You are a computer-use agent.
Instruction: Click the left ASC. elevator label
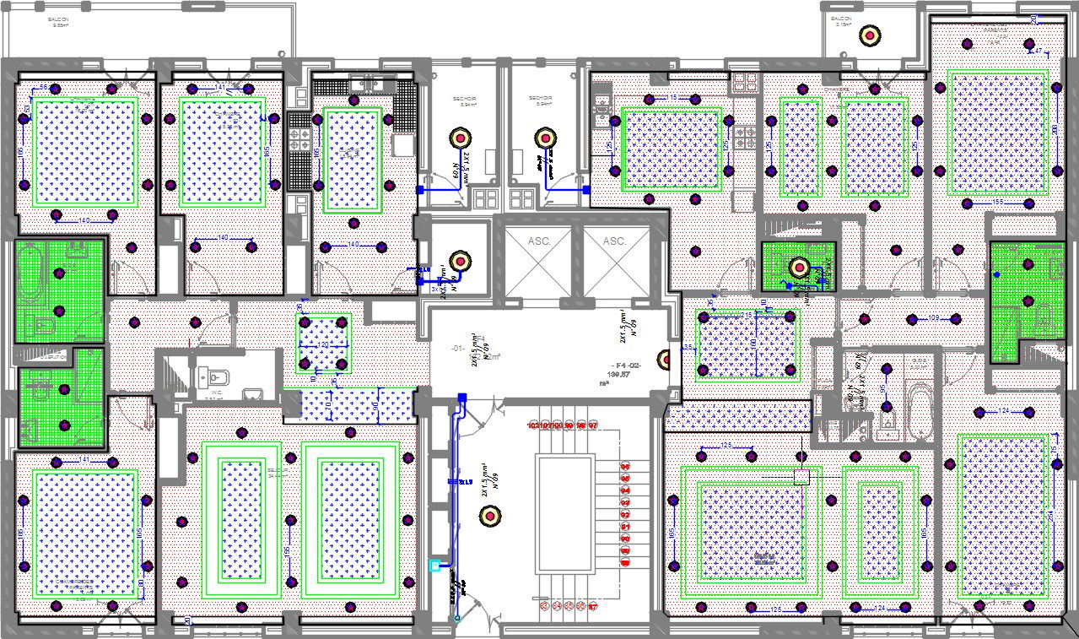click(539, 241)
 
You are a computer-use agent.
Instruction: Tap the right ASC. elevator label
click(615, 241)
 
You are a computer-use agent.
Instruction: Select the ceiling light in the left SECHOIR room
click(461, 138)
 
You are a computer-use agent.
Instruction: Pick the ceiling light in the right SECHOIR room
click(546, 138)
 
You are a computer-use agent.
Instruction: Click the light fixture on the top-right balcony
click(870, 35)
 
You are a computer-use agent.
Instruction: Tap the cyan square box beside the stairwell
click(435, 566)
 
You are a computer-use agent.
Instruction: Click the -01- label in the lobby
click(458, 349)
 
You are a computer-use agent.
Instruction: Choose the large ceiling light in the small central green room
click(798, 268)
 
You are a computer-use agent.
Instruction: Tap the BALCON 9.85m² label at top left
click(60, 22)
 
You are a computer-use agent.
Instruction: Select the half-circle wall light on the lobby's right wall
click(665, 360)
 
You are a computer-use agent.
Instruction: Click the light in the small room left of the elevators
click(460, 261)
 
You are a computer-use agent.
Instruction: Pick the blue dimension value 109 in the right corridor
click(933, 318)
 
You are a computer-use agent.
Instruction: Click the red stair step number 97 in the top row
click(593, 425)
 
